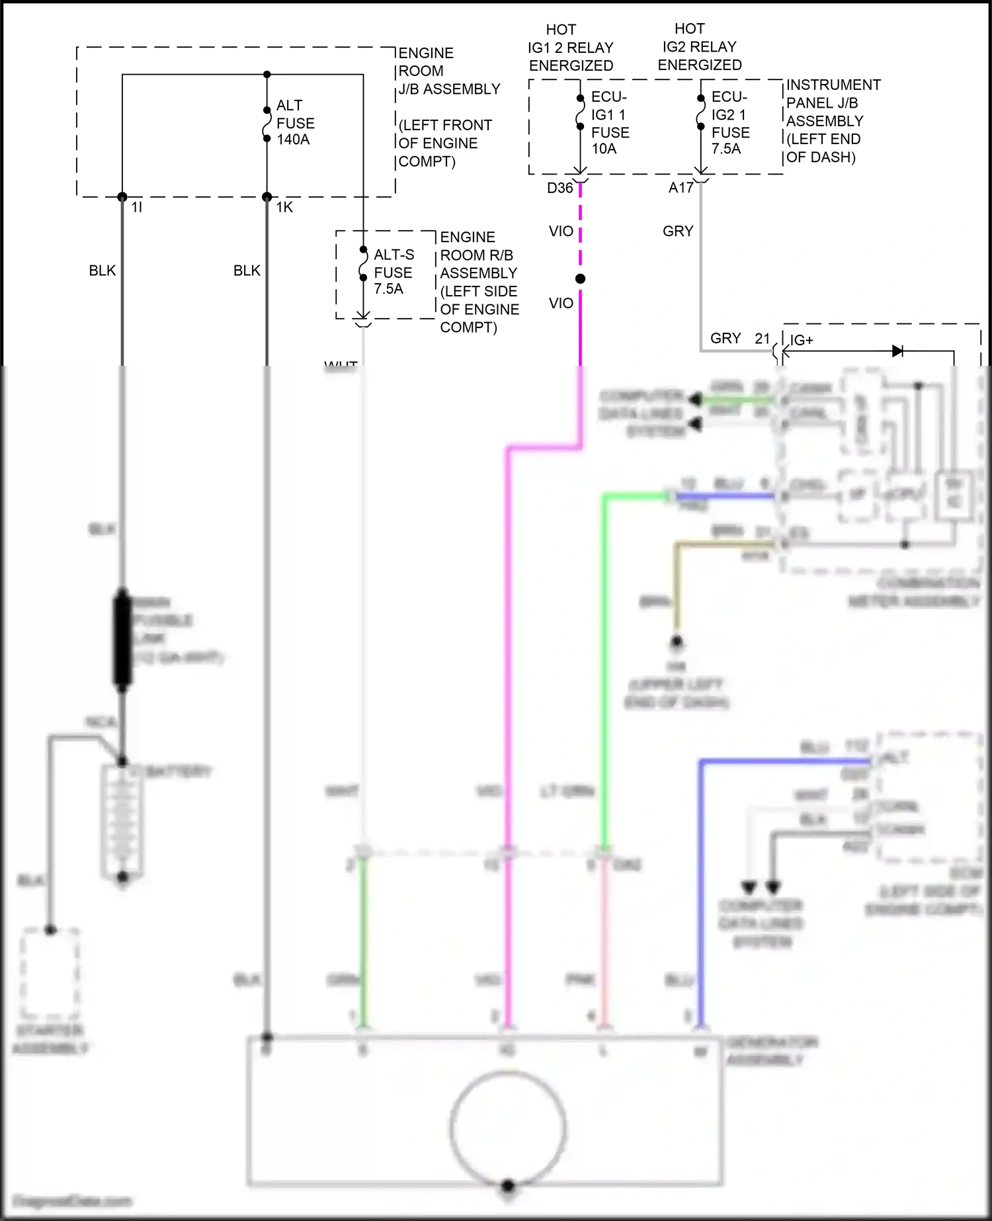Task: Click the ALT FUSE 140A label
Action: pyautogui.click(x=294, y=122)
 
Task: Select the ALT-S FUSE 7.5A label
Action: pyautogui.click(x=393, y=272)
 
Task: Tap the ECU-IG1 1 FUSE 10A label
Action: pyautogui.click(x=610, y=123)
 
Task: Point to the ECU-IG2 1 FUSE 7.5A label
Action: pyautogui.click(x=730, y=123)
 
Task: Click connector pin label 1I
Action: pyautogui.click(x=137, y=208)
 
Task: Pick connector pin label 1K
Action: pyautogui.click(x=284, y=208)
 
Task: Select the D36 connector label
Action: pyautogui.click(x=559, y=188)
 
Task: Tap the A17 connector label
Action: pyautogui.click(x=681, y=188)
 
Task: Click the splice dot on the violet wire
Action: pyautogui.click(x=580, y=279)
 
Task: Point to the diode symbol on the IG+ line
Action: pyautogui.click(x=897, y=351)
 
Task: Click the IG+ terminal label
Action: pyautogui.click(x=802, y=340)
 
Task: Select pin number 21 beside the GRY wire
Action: pyautogui.click(x=763, y=339)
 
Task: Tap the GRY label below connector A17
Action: pyautogui.click(x=678, y=231)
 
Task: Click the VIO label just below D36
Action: pyautogui.click(x=561, y=231)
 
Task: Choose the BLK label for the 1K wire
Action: pyautogui.click(x=247, y=271)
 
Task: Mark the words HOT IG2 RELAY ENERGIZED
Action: pyautogui.click(x=699, y=47)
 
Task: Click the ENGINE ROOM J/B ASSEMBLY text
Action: pyautogui.click(x=448, y=71)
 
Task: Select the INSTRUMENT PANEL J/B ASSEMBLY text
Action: pyautogui.click(x=832, y=103)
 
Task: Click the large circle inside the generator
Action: pyautogui.click(x=508, y=1127)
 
